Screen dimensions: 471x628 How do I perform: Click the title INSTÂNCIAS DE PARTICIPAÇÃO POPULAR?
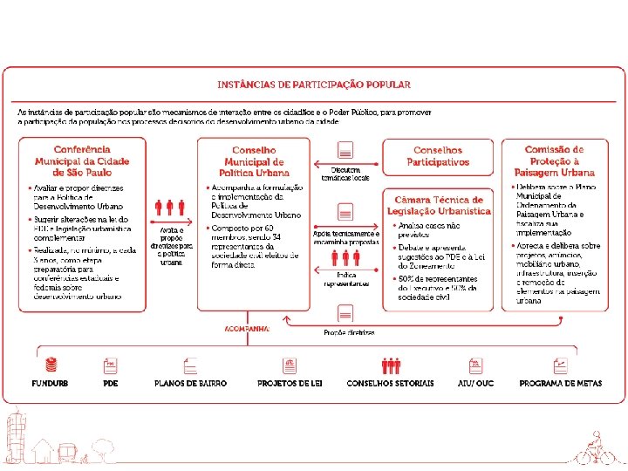[x=314, y=85]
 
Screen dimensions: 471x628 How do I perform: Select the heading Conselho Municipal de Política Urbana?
[x=254, y=161]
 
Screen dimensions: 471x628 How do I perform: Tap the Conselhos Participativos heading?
[x=438, y=156]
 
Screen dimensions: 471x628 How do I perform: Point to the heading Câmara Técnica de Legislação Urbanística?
[x=438, y=205]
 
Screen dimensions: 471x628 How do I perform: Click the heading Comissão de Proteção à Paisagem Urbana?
[x=554, y=161]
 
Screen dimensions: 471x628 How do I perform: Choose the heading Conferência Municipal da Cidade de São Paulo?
[x=82, y=161]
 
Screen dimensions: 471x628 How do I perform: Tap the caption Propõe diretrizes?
[x=349, y=332]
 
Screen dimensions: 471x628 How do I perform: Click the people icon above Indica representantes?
[x=346, y=257]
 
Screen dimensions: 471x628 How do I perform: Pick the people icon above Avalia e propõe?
[x=170, y=208]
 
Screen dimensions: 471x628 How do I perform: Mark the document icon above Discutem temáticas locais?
[x=345, y=149]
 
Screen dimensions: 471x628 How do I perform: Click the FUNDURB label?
[x=50, y=384]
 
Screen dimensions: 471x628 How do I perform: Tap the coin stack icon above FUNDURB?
[x=50, y=365]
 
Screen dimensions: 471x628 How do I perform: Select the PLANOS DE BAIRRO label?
[x=190, y=384]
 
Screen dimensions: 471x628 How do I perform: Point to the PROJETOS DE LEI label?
[x=290, y=384]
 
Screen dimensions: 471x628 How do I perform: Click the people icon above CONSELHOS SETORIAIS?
[x=390, y=365]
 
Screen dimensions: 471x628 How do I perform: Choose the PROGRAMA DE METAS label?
[x=560, y=384]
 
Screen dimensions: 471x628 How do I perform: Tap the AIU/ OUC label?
[x=476, y=384]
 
